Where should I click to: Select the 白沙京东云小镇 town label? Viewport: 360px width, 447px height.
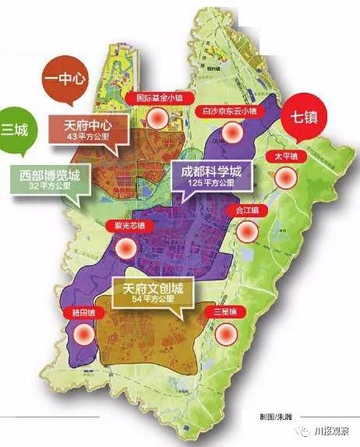(231, 112)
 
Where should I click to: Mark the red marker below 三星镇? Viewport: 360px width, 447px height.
(227, 333)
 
